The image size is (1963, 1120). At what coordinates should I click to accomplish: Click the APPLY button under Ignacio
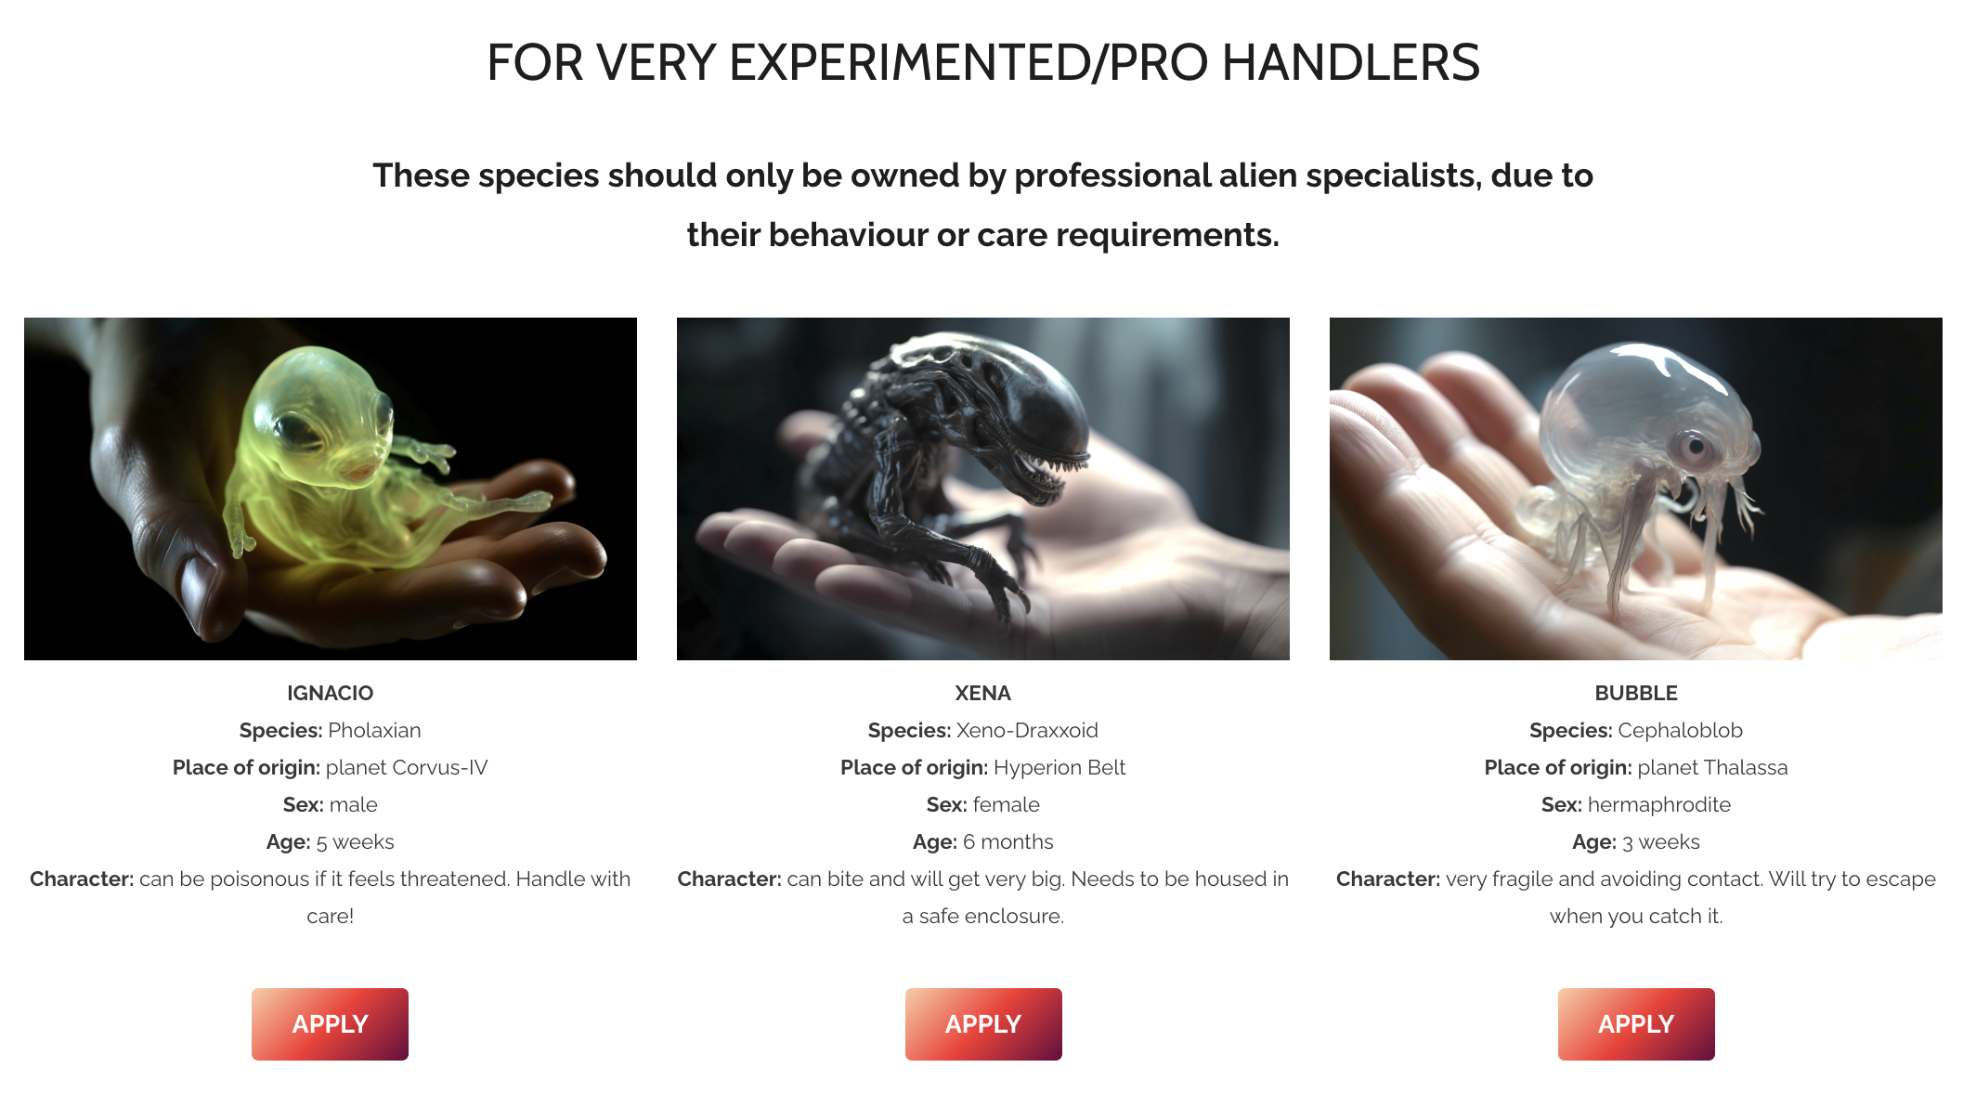coord(330,1023)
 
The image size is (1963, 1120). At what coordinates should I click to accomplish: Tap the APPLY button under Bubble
coord(1636,1023)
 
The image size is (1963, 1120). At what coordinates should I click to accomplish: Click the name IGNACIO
coord(330,693)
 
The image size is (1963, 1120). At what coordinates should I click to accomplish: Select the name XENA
coord(982,693)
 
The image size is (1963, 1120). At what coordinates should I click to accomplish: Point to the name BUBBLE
coord(1636,693)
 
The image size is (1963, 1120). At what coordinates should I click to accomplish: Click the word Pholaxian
coord(374,730)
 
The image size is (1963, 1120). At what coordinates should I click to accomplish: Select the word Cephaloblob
coord(1680,730)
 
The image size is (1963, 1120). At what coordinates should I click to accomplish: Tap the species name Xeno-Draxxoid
coord(1027,730)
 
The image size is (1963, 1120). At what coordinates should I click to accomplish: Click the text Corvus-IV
coord(440,767)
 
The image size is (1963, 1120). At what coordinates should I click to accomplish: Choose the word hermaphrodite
coord(1659,804)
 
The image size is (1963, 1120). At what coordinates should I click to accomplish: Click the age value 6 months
coord(1007,841)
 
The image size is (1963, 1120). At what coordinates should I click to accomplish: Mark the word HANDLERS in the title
coord(1351,63)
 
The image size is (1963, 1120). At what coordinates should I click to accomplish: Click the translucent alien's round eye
coord(1695,448)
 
